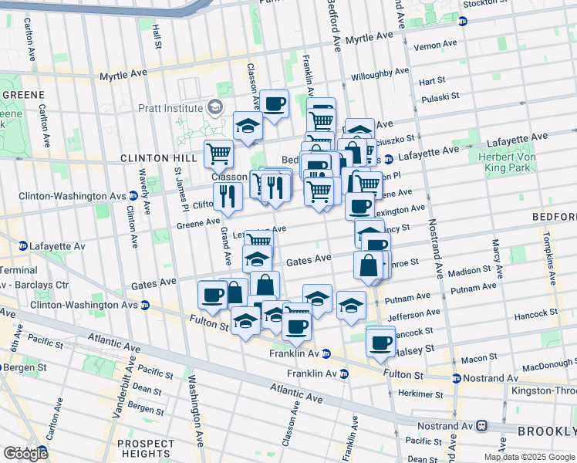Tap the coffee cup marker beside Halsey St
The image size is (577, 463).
tap(380, 343)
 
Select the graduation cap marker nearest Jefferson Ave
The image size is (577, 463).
tap(351, 306)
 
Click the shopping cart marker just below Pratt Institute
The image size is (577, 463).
tap(218, 154)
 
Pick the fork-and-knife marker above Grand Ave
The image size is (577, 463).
tap(227, 195)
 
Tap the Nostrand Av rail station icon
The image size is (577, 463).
tap(483, 424)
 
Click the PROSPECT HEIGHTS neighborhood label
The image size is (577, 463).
tap(146, 448)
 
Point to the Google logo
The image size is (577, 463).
tap(25, 454)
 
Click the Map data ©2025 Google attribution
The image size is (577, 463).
tap(529, 457)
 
